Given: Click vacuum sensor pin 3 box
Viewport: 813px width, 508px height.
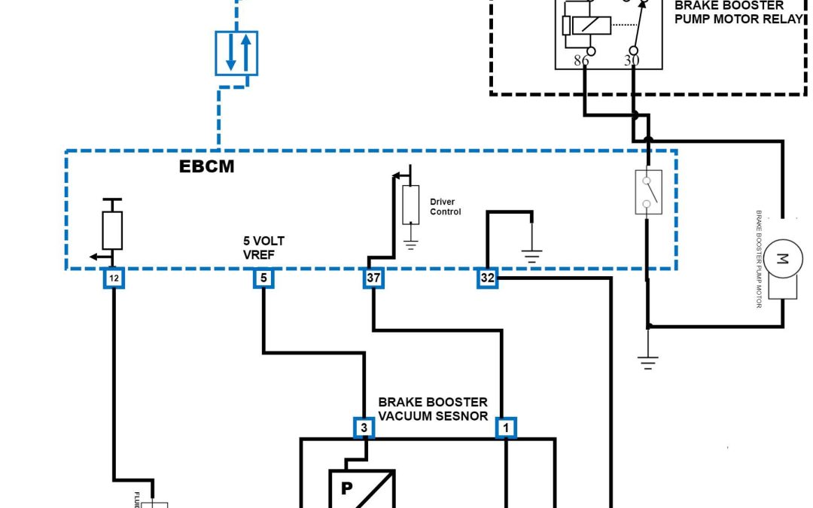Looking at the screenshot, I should point(364,428).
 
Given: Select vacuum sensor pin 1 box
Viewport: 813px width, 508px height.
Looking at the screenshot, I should point(506,428).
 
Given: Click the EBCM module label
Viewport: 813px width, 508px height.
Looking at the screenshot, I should point(206,167).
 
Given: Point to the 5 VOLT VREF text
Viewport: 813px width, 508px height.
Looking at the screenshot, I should point(263,248).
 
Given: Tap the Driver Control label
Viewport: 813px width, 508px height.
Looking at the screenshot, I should point(446,207).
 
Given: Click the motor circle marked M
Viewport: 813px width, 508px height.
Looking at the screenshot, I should point(782,260).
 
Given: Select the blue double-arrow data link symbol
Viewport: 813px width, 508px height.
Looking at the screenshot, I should point(236,53).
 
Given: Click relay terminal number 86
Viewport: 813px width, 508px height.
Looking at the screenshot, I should point(581,60).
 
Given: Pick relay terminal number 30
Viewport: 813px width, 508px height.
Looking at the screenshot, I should point(631,60).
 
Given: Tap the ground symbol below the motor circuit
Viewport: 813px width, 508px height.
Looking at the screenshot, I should point(647,362).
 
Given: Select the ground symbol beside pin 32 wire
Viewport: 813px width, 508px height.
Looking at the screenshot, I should point(532,256).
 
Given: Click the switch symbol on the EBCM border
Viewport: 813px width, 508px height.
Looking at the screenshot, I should point(647,192).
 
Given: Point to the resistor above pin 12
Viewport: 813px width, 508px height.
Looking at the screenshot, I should point(112,230).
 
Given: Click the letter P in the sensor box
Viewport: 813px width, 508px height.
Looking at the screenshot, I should point(347,488).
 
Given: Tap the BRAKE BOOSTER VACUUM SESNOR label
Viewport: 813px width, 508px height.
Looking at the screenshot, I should point(433,409).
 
